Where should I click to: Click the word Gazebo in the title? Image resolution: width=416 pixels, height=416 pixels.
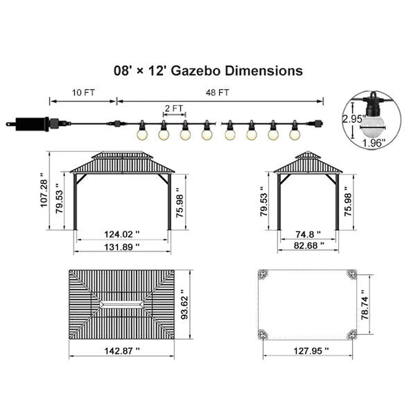[195, 71]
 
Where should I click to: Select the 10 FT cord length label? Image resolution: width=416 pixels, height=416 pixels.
[83, 93]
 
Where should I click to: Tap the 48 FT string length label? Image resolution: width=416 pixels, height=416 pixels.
[217, 93]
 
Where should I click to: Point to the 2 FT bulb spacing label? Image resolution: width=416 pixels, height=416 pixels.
[174, 108]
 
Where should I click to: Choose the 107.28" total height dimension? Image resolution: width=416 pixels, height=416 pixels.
[44, 190]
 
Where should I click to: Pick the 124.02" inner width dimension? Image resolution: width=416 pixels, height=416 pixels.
[122, 234]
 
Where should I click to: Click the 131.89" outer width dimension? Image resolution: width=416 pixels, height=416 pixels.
[122, 247]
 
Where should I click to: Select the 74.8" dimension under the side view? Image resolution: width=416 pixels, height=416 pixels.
[308, 234]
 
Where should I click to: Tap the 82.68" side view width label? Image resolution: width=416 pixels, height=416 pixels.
[309, 245]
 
